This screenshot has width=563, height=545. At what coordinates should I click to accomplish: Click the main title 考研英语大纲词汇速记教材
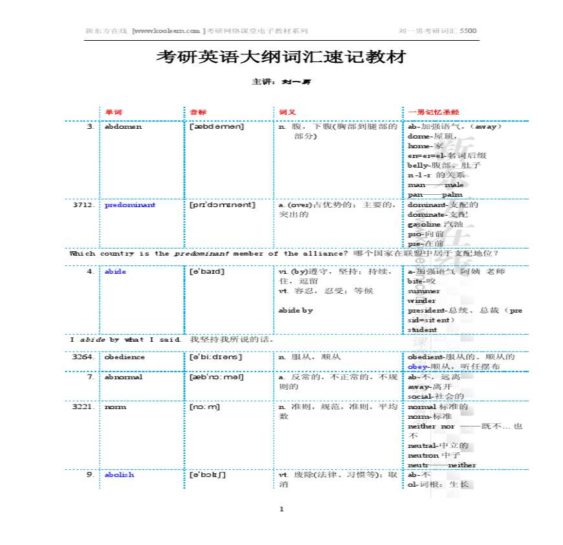pyautogui.click(x=281, y=57)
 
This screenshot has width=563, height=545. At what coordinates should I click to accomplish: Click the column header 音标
pyautogui.click(x=197, y=112)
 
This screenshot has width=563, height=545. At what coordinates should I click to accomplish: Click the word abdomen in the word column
pyautogui.click(x=122, y=127)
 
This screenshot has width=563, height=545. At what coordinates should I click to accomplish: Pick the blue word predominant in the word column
pyautogui.click(x=129, y=205)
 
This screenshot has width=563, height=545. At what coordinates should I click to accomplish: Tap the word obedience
pyautogui.click(x=124, y=357)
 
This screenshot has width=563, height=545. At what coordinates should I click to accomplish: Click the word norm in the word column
pyautogui.click(x=115, y=406)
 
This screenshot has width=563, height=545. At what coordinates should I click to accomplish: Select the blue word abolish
pyautogui.click(x=119, y=474)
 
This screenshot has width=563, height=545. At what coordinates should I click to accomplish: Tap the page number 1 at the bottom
pyautogui.click(x=281, y=509)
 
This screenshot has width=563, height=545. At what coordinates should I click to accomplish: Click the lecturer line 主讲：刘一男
pyautogui.click(x=281, y=82)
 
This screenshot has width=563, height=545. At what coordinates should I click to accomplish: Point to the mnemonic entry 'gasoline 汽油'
pyautogui.click(x=431, y=224)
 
